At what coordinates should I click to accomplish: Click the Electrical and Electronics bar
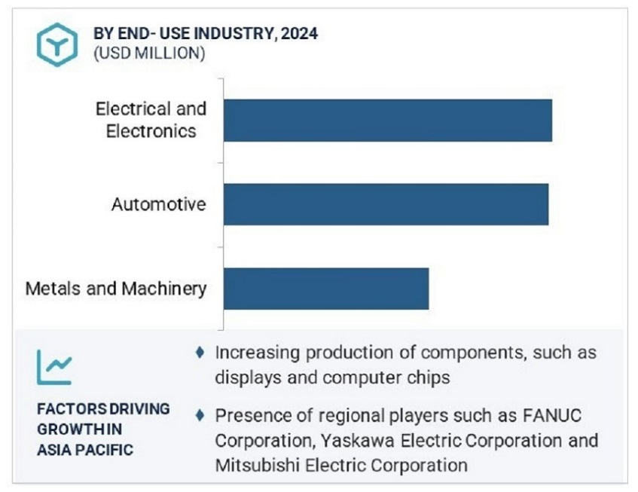pyautogui.click(x=388, y=120)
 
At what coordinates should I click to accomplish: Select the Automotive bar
pyautogui.click(x=386, y=203)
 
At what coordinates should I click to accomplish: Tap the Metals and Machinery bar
pyautogui.click(x=326, y=288)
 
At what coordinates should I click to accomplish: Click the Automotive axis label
pyautogui.click(x=158, y=204)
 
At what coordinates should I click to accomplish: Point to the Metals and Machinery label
pyautogui.click(x=115, y=289)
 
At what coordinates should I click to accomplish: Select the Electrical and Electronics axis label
pyautogui.click(x=151, y=120)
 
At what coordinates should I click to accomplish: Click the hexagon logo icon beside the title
pyautogui.click(x=56, y=43)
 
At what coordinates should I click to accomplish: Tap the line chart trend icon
pyautogui.click(x=54, y=368)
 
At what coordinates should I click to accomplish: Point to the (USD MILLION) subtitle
pyautogui.click(x=148, y=53)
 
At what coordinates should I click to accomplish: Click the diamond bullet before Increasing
pyautogui.click(x=199, y=352)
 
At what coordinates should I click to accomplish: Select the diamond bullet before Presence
pyautogui.click(x=199, y=414)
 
